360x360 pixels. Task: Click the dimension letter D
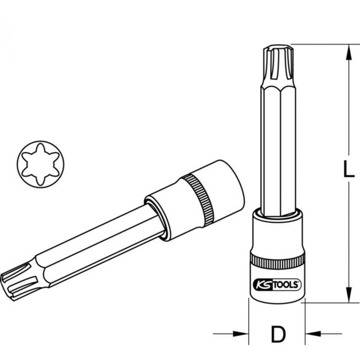point(278,334)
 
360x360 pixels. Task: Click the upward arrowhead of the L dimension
point(348,52)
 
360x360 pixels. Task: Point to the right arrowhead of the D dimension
point(314,334)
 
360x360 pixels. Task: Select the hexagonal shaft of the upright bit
point(278,151)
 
